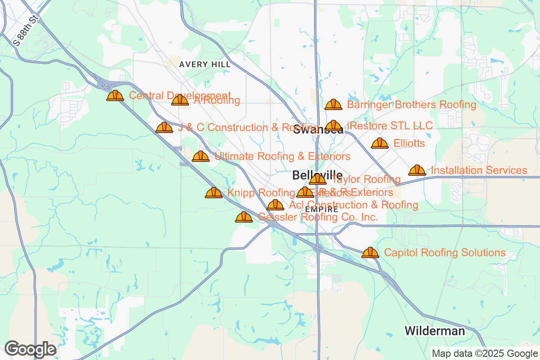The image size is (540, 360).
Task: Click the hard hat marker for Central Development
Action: click(115, 95)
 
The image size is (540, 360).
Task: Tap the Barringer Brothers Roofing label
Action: click(411, 105)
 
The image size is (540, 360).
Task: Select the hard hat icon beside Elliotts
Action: click(379, 144)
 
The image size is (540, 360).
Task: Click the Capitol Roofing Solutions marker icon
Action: click(370, 252)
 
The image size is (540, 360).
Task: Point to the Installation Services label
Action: click(479, 171)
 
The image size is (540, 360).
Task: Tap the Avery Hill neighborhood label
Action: click(205, 64)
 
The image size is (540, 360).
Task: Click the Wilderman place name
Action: click(434, 331)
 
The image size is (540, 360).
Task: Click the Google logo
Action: click(31, 349)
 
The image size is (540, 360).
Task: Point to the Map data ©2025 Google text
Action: click(485, 353)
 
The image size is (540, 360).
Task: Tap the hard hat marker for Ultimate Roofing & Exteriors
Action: click(201, 157)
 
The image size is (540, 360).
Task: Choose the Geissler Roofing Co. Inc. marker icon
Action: click(244, 217)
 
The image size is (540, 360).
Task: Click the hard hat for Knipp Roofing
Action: click(214, 193)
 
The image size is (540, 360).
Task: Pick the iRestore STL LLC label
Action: click(390, 125)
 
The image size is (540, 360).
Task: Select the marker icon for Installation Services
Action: click(417, 171)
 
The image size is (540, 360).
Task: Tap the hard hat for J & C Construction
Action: click(164, 128)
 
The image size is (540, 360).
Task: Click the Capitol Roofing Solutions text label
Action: click(445, 252)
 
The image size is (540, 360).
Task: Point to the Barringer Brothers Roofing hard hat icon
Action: click(333, 105)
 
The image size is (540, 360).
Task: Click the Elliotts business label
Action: click(409, 144)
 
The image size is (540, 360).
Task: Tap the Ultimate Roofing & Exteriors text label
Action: click(282, 157)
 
